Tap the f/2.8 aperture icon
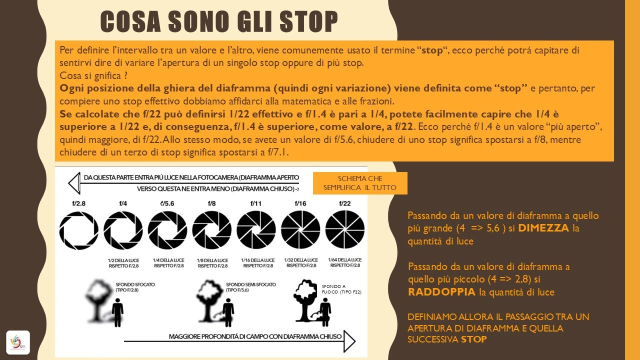coord(79,230)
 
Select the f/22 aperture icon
coord(345,230)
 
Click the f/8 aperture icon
coord(212,230)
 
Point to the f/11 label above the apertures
coord(256,203)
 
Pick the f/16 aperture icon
coord(300,230)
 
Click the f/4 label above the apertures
coord(123,203)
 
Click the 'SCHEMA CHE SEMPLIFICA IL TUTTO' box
coord(360,183)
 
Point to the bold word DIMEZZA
coord(543,228)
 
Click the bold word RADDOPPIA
coord(442,292)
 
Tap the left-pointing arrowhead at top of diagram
coord(74,183)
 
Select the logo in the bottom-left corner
coord(18,342)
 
